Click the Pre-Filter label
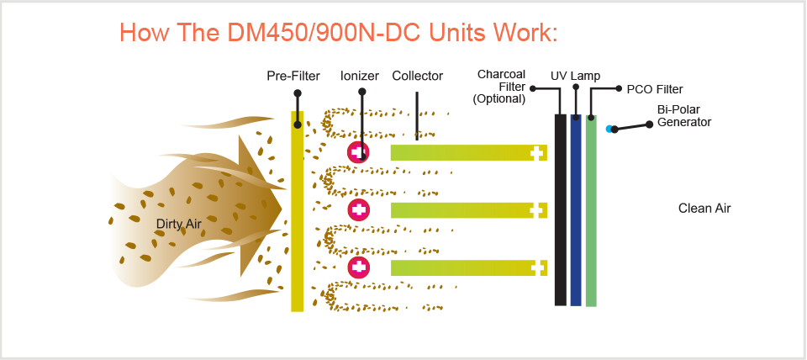point(293,77)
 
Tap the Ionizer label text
point(360,77)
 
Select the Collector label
point(417,77)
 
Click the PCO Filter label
point(655,89)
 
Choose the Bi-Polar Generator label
point(683,115)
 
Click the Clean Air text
point(704,208)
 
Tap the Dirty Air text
point(179,224)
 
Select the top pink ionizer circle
point(359,152)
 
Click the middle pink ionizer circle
point(359,209)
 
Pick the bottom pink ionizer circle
point(359,267)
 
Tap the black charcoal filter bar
point(560,210)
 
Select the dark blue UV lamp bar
point(576,210)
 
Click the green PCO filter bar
point(591,210)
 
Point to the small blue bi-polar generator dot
point(609,129)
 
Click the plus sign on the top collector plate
point(536,152)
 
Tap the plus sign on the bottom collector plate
point(536,267)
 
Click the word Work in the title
point(519,33)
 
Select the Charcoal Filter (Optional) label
point(502,87)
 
